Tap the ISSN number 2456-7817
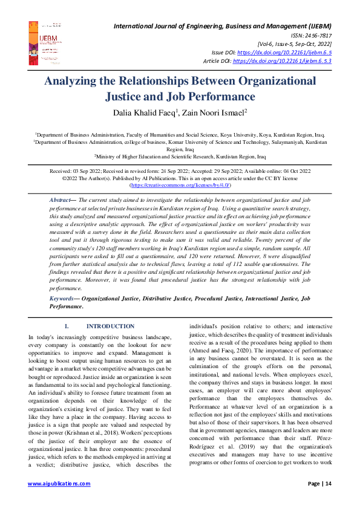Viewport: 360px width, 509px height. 315,35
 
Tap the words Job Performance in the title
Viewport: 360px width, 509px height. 210,96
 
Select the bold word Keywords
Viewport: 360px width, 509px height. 62,299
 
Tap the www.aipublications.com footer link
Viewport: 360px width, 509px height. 58,501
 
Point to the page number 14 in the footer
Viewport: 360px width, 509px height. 327,501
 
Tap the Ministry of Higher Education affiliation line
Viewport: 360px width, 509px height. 180,156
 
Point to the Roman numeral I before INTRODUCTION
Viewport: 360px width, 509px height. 65,326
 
